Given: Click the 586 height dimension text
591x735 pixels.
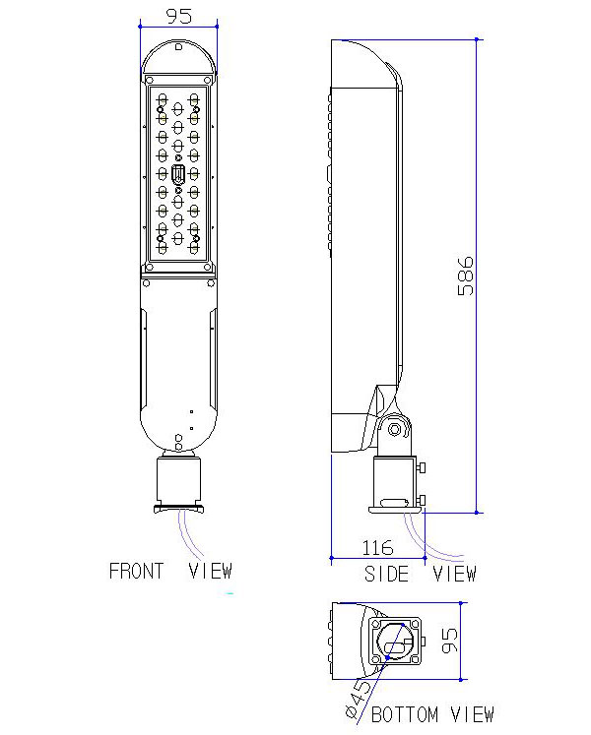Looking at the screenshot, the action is click(465, 276).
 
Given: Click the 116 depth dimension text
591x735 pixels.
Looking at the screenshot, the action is click(377, 547).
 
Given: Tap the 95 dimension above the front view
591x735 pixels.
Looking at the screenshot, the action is click(179, 16).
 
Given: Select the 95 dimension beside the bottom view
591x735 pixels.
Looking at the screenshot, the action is click(449, 641).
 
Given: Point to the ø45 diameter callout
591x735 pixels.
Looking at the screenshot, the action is click(358, 700).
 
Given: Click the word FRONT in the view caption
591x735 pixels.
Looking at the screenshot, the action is click(136, 571).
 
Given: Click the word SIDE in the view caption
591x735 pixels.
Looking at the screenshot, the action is click(386, 574).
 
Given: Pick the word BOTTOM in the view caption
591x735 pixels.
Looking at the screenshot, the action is click(405, 714).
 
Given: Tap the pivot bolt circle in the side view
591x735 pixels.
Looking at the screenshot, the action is click(395, 429).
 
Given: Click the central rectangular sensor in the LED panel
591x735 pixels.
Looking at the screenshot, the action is click(178, 174).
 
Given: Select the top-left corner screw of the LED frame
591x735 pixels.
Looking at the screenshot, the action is click(151, 81).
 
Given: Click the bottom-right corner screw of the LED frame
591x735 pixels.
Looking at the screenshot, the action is click(207, 268).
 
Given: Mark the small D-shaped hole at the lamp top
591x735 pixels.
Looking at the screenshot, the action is click(178, 47).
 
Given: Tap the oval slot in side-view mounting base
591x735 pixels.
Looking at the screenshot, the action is click(394, 504).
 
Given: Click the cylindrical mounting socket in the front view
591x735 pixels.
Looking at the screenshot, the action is click(178, 481).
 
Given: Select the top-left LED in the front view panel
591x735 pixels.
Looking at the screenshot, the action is click(163, 99).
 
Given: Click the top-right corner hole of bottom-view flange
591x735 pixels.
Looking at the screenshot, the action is click(415, 624).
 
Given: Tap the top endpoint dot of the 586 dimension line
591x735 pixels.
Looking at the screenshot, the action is click(477, 39).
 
